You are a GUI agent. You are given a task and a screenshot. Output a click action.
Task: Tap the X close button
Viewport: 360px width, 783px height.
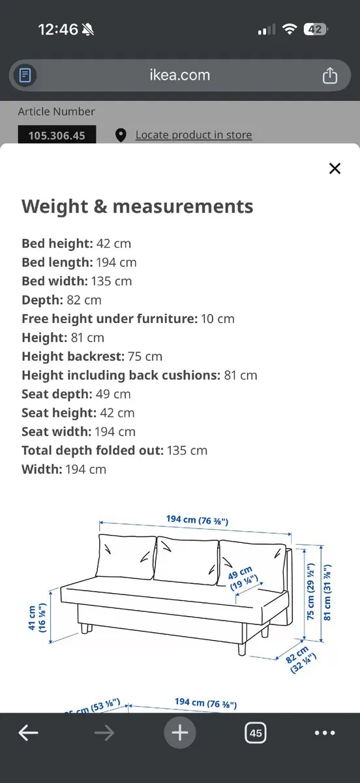coord(335,168)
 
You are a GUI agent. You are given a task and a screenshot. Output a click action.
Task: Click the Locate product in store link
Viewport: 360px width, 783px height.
coord(193,135)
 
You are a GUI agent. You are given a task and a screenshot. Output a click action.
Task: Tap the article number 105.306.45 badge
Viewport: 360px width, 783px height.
coord(57,136)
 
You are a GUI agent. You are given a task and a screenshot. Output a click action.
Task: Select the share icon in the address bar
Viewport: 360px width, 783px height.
coord(330,75)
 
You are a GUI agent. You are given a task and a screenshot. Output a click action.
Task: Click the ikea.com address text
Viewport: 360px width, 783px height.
coord(179,75)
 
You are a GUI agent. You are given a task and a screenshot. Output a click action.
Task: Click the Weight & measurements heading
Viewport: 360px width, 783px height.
coord(137,206)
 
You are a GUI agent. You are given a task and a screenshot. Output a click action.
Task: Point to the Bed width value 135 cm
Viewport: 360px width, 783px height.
coord(114,281)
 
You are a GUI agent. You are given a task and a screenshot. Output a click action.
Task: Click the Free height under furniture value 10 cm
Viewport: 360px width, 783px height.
coord(218,319)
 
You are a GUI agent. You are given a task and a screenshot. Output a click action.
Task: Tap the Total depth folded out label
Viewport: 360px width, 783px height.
coord(93,450)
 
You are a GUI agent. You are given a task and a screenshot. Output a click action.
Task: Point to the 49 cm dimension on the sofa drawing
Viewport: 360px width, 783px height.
coord(244,579)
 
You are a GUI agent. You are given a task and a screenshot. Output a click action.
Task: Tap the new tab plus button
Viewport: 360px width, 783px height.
coord(179,733)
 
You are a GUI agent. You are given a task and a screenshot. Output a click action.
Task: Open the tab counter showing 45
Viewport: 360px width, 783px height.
coord(255,733)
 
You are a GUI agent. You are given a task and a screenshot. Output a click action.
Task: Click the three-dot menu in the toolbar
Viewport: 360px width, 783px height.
coord(325,733)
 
